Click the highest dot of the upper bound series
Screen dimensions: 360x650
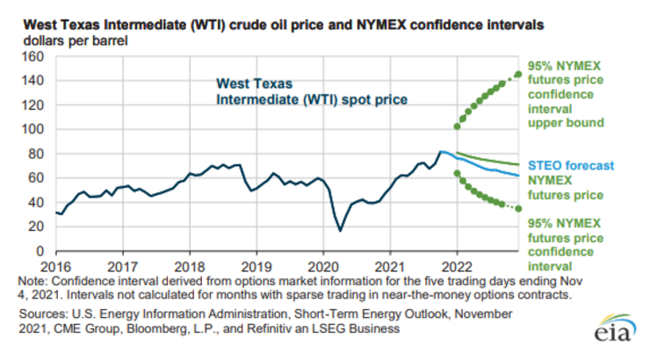coord(517,74)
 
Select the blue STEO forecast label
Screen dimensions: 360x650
coord(570,165)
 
